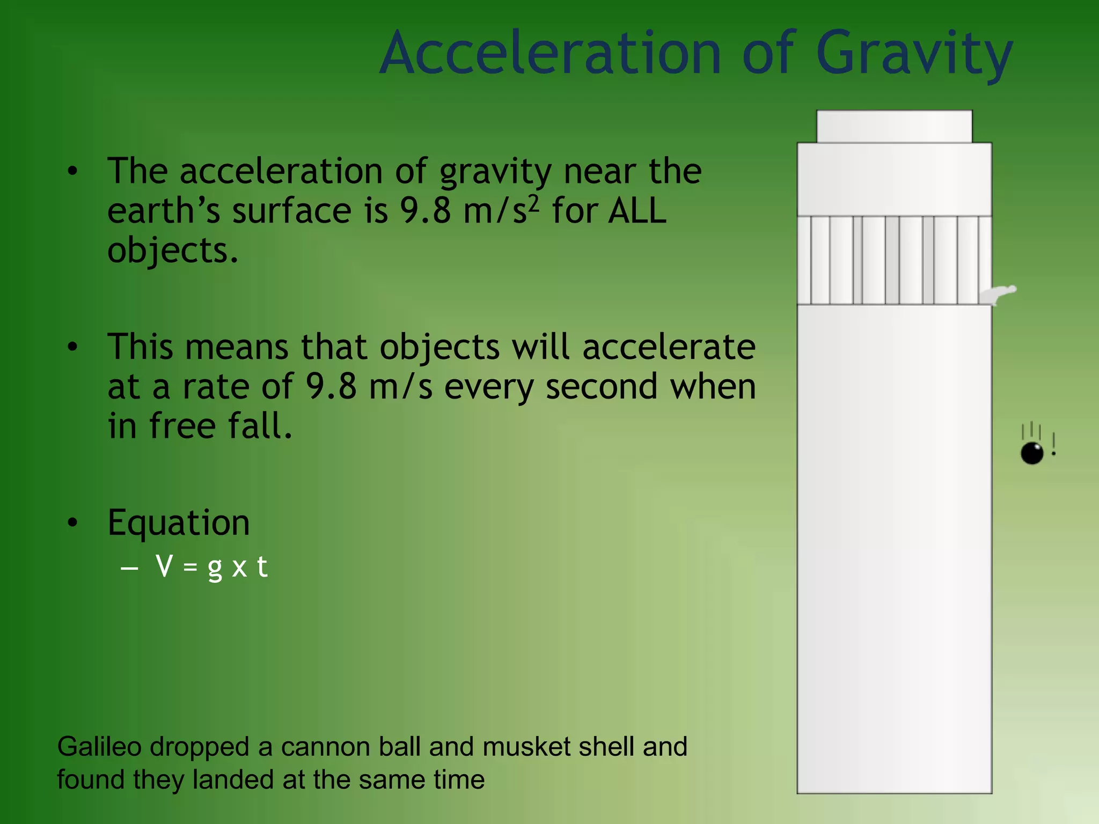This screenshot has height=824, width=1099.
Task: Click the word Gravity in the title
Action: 914,54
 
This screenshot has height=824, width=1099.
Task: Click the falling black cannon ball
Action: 1031,453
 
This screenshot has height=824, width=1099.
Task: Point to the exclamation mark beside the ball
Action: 1053,444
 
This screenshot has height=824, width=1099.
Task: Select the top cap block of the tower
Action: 894,127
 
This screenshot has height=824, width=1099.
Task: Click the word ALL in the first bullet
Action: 638,210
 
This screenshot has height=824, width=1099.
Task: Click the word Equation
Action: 179,522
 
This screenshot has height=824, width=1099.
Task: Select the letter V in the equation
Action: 164,566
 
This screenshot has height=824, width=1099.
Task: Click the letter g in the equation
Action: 215,568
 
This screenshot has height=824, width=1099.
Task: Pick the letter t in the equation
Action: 262,566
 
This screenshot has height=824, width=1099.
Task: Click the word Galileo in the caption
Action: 99,747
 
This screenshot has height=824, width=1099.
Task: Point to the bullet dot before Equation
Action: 73,522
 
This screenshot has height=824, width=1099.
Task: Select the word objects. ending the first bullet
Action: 173,251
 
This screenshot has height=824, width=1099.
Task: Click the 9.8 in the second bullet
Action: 331,386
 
